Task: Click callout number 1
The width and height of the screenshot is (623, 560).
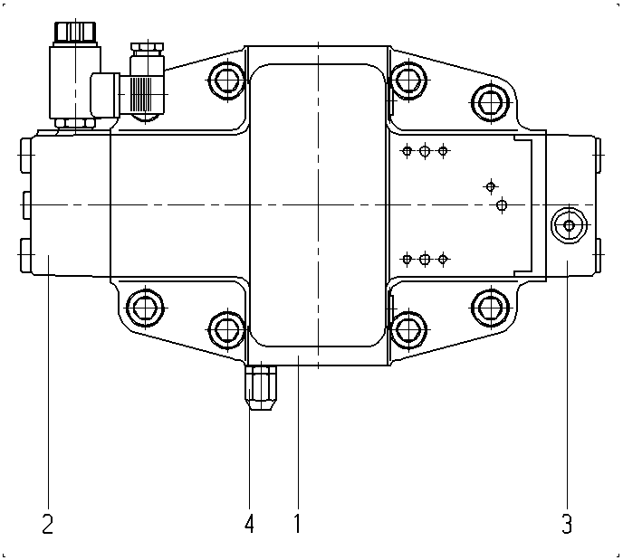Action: pyautogui.click(x=297, y=523)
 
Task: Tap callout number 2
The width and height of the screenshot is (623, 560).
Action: pyautogui.click(x=48, y=523)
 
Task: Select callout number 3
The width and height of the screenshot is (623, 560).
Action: pyautogui.click(x=567, y=523)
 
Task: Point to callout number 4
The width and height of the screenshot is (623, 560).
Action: pyautogui.click(x=249, y=523)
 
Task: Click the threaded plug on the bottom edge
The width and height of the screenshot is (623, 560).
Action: pyautogui.click(x=261, y=388)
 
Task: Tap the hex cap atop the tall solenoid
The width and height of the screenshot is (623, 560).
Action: pyautogui.click(x=74, y=32)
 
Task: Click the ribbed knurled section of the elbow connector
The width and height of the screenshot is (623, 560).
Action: pyautogui.click(x=141, y=94)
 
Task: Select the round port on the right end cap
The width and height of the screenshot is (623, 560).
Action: pyautogui.click(x=569, y=225)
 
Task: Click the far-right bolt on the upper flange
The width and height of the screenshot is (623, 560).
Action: pyautogui.click(x=491, y=102)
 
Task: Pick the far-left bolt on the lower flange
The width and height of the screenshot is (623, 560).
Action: pyautogui.click(x=146, y=308)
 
